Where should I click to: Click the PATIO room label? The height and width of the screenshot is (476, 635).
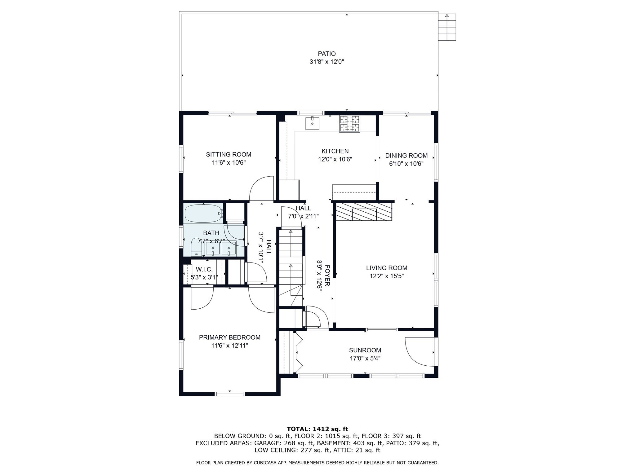pyautogui.click(x=327, y=54)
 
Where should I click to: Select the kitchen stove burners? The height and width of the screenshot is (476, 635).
pyautogui.click(x=350, y=124)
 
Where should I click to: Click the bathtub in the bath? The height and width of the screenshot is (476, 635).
pyautogui.click(x=204, y=214)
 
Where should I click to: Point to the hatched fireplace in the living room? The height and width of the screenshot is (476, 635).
pyautogui.click(x=364, y=212)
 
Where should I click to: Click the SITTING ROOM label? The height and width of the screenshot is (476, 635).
pyautogui.click(x=229, y=154)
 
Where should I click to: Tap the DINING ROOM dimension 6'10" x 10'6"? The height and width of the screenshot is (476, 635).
pyautogui.click(x=406, y=164)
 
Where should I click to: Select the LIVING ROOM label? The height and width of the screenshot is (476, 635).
pyautogui.click(x=387, y=268)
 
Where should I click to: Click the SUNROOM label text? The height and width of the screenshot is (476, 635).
pyautogui.click(x=365, y=350)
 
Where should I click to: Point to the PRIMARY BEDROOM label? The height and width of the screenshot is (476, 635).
pyautogui.click(x=230, y=337)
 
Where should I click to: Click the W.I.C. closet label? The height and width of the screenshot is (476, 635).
pyautogui.click(x=204, y=269)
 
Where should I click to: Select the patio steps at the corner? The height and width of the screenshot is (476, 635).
pyautogui.click(x=447, y=27)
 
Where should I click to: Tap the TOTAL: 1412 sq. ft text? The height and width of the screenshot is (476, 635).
pyautogui.click(x=317, y=429)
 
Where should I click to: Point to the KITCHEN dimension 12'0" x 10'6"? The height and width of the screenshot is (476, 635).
pyautogui.click(x=335, y=159)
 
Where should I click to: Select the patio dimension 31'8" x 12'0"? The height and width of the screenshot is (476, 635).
pyautogui.click(x=327, y=62)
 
